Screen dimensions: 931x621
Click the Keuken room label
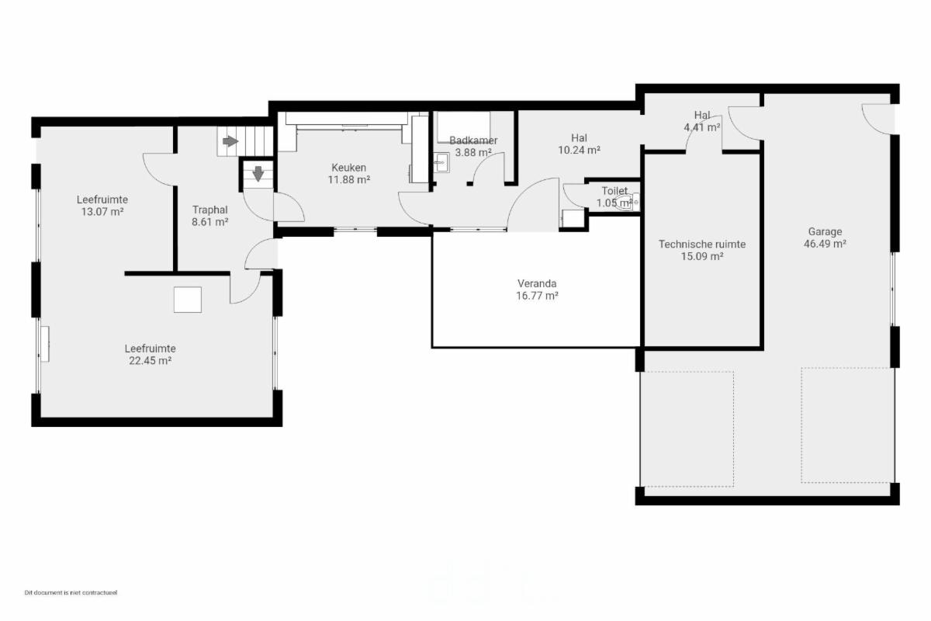(348, 168)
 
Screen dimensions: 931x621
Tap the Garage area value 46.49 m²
(825, 244)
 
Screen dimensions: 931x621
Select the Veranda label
(537, 283)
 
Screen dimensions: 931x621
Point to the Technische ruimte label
(702, 245)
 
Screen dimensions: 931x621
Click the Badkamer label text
(473, 141)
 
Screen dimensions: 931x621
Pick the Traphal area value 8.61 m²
(210, 222)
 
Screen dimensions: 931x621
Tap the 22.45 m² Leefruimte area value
(150, 361)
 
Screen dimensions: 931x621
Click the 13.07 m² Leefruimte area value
(102, 212)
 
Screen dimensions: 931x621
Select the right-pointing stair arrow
(230, 141)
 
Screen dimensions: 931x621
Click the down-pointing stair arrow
(258, 174)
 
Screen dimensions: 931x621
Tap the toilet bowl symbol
(628, 203)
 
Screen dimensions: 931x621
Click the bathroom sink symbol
(441, 162)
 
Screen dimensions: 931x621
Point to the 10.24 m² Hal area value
(579, 150)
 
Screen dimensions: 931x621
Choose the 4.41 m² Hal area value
(702, 127)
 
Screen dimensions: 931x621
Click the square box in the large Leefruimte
(188, 300)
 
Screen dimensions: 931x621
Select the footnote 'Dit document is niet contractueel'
(71, 592)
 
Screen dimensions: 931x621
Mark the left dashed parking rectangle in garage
(687, 428)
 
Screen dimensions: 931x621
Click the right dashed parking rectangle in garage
(848, 425)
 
